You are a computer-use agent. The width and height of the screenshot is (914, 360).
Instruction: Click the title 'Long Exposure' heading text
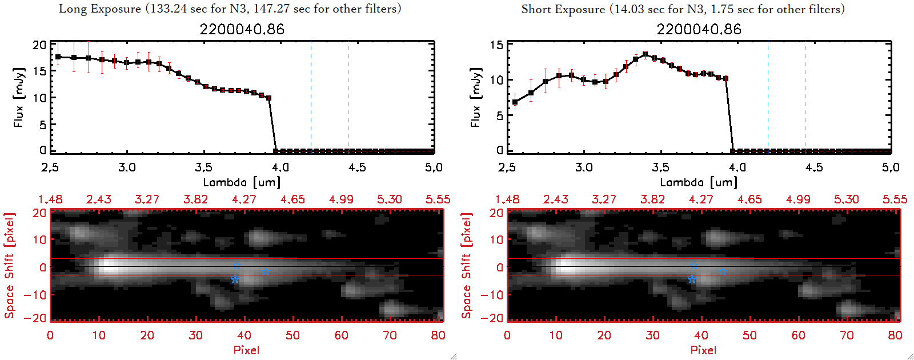[x=100, y=9]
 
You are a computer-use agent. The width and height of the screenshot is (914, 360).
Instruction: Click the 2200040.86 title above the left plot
[x=242, y=30]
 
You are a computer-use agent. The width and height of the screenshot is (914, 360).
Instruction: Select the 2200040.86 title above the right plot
[x=699, y=30]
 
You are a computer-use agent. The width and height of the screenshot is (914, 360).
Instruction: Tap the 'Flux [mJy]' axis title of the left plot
[x=19, y=97]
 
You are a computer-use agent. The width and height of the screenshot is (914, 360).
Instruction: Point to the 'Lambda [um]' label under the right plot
[x=699, y=182]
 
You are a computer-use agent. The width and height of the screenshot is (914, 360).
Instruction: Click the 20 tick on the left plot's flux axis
[x=39, y=45]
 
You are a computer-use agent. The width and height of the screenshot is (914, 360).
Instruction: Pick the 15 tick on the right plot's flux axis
[x=496, y=45]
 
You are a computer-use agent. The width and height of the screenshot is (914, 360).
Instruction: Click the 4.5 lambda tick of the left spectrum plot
[x=357, y=167]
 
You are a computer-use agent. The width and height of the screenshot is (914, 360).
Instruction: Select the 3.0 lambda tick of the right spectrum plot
[x=584, y=167]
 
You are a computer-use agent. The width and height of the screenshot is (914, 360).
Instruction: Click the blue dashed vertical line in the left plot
[x=311, y=97]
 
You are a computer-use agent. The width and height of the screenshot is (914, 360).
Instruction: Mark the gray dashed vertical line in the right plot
[x=805, y=97]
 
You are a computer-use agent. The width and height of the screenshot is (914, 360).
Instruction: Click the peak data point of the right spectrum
[x=646, y=55]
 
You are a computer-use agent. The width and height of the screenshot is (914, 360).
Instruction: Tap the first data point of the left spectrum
[x=58, y=57]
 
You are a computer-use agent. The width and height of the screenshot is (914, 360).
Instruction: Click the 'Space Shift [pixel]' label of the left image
[x=9, y=266]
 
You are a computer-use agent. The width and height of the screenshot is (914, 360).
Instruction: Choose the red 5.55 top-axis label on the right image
[x=895, y=199]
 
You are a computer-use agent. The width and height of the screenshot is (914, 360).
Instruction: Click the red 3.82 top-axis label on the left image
[x=195, y=199]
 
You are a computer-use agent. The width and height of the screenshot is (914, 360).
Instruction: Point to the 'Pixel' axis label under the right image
[x=703, y=350]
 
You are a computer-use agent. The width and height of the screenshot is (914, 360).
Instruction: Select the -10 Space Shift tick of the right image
[x=492, y=294]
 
